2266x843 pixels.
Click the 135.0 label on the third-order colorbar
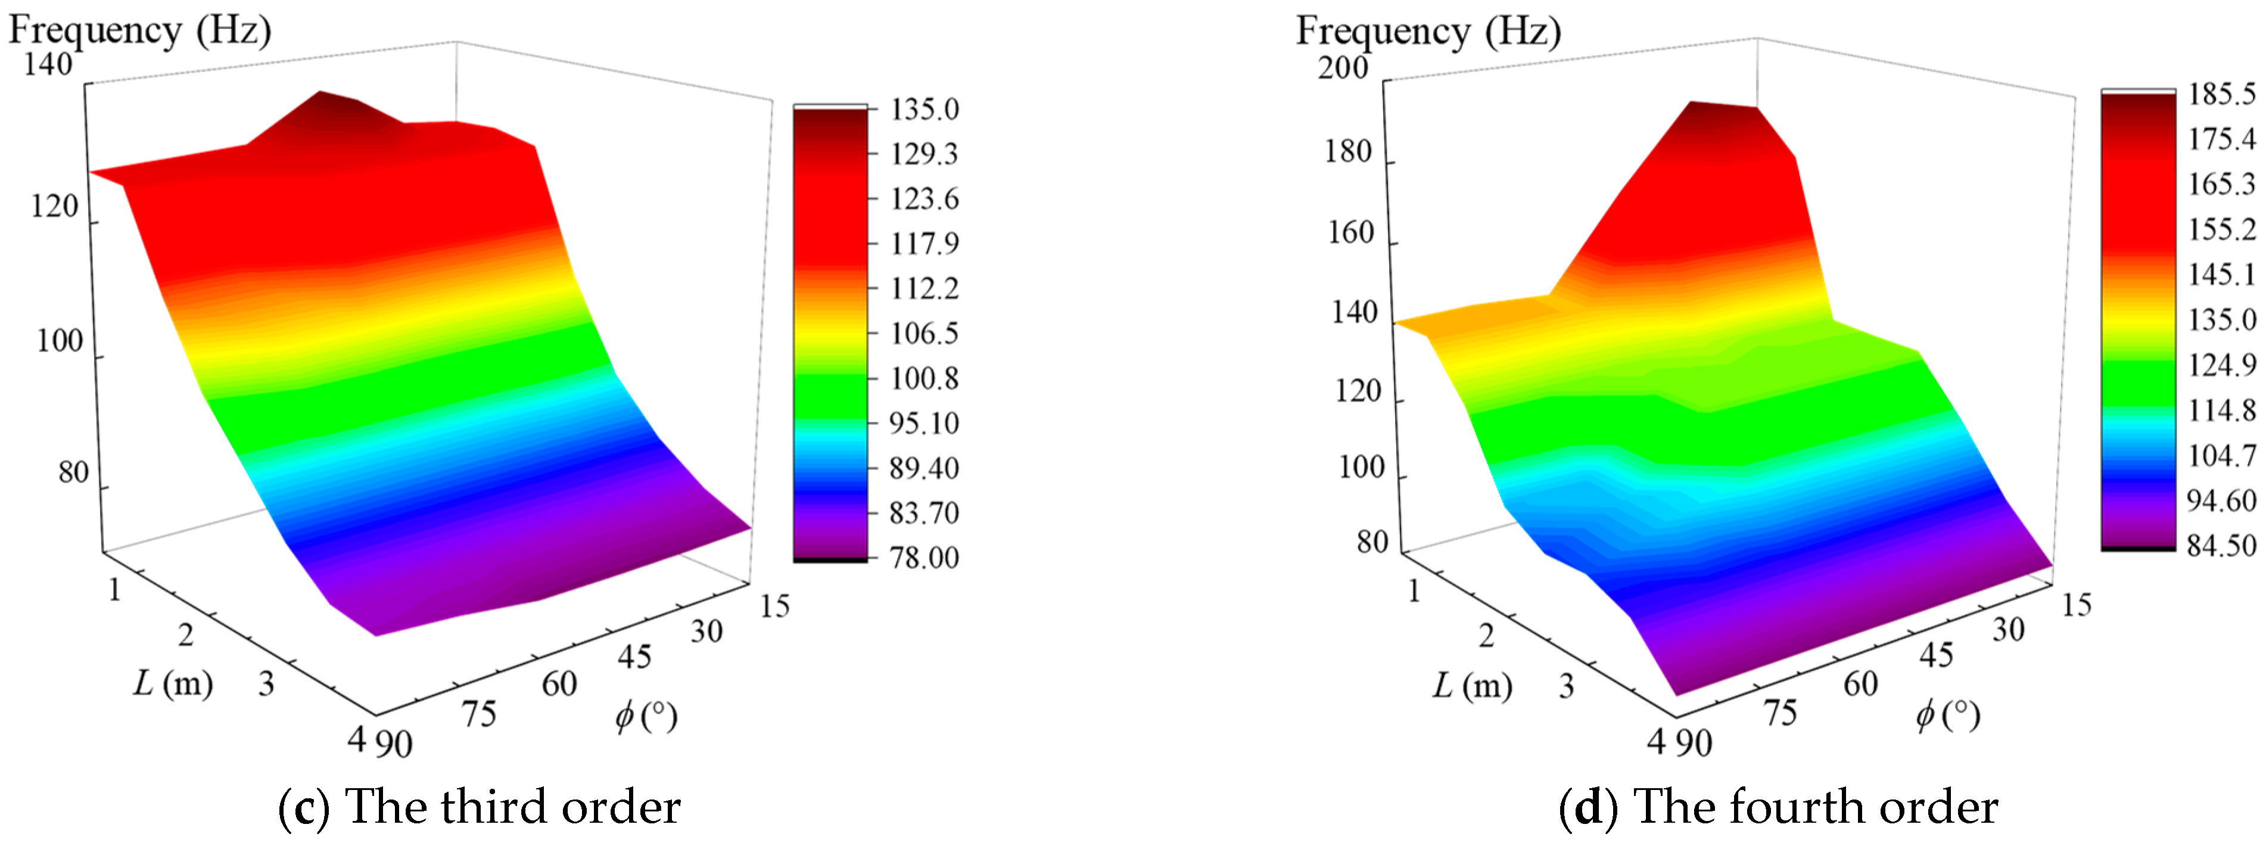click(x=924, y=110)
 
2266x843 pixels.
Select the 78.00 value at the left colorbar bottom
click(x=924, y=557)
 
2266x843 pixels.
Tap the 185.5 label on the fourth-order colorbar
click(x=2222, y=94)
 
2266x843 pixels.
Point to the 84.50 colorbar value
click(x=2222, y=546)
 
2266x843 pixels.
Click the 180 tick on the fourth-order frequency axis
click(x=1347, y=153)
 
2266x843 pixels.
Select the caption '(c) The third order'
click(x=480, y=806)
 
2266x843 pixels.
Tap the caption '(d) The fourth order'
click(x=1778, y=806)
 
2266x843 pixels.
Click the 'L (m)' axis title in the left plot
click(x=173, y=683)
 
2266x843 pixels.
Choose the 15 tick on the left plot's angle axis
click(x=774, y=606)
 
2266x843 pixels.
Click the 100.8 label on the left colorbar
click(x=924, y=378)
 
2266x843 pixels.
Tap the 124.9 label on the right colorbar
click(x=2222, y=364)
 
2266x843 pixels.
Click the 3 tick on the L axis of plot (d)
click(x=1566, y=686)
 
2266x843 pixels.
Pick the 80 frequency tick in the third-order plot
click(x=74, y=472)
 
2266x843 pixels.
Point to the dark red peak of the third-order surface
click(x=330, y=98)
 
